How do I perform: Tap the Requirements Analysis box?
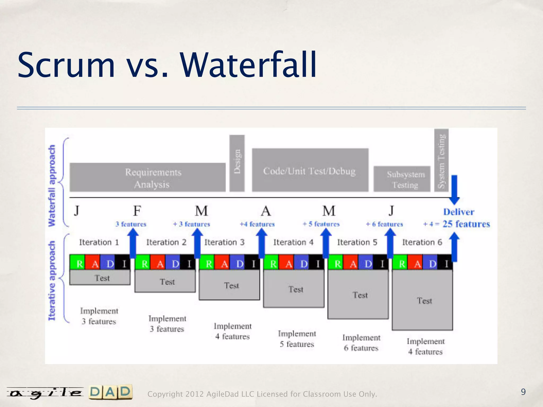click(x=147, y=177)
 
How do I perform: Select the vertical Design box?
click(x=237, y=163)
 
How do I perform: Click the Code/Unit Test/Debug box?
click(x=310, y=170)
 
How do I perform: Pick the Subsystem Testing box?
click(x=402, y=179)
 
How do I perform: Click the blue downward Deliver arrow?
click(x=454, y=190)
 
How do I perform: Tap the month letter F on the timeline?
click(x=137, y=211)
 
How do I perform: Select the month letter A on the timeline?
click(x=266, y=211)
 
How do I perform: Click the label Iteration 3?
click(x=224, y=242)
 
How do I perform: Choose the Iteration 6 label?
click(x=422, y=242)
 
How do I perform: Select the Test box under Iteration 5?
click(x=358, y=295)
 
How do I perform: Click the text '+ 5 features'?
click(x=321, y=224)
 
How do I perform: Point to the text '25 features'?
click(x=466, y=224)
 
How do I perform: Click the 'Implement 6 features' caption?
click(x=361, y=343)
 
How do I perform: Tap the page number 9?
click(x=523, y=392)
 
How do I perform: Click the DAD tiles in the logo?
click(x=111, y=392)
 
